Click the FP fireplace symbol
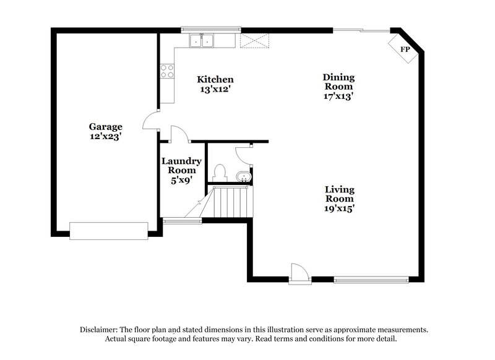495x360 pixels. [x=405, y=48]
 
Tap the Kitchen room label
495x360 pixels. [x=215, y=79]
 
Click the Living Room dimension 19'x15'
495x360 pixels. [x=340, y=208]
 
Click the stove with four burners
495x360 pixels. [x=167, y=71]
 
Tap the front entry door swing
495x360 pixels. [x=299, y=273]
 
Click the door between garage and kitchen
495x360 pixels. [x=150, y=122]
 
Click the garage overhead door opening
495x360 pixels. [x=108, y=230]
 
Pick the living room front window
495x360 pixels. [x=371, y=280]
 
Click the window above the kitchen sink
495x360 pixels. [x=210, y=29]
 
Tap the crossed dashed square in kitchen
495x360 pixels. [x=255, y=41]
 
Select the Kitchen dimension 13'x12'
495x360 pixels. [x=215, y=89]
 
